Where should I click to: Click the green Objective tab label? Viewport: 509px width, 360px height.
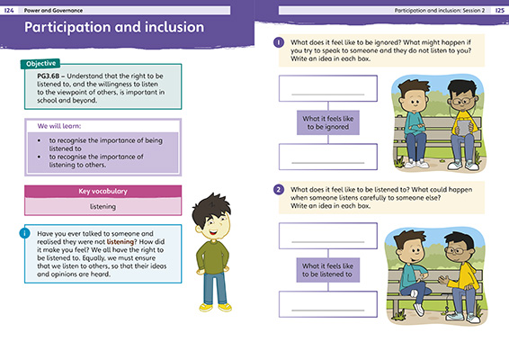tap(41, 64)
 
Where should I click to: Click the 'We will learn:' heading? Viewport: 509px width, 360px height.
tap(54, 125)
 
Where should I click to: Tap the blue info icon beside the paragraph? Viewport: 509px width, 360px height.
tap(24, 232)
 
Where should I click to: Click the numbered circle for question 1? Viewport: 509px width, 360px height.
tap(279, 42)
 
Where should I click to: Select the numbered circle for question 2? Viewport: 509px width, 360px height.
tap(279, 190)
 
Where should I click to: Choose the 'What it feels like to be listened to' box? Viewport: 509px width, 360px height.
tap(327, 272)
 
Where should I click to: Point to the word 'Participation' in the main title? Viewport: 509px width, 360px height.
tap(76, 28)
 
